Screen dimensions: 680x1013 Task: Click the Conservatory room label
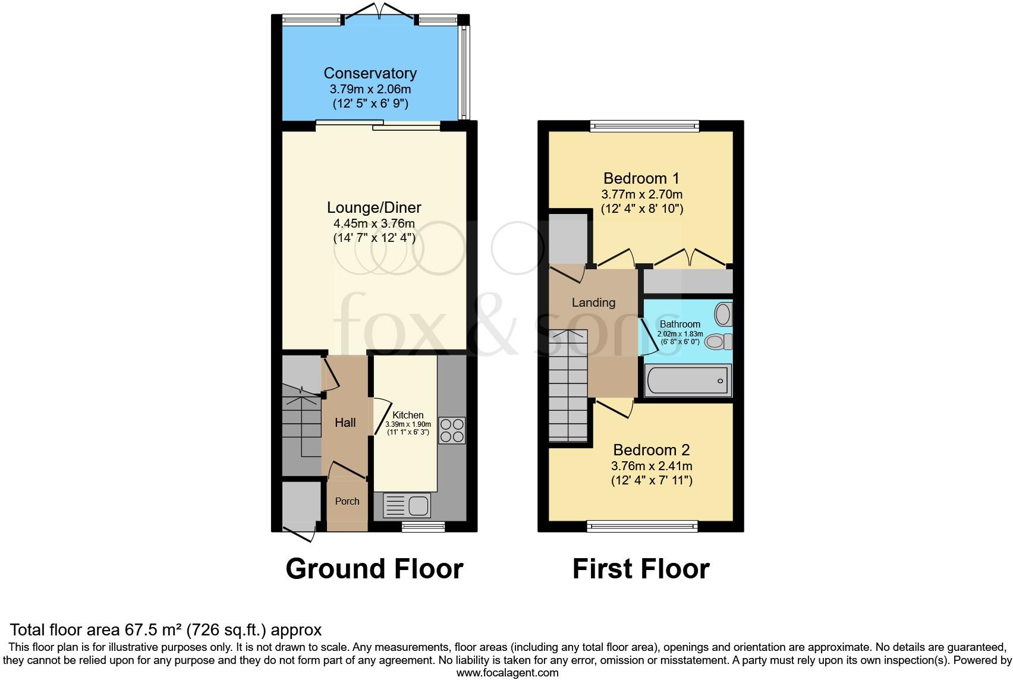pyautogui.click(x=370, y=73)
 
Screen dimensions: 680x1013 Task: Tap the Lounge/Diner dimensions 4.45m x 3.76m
pyautogui.click(x=374, y=223)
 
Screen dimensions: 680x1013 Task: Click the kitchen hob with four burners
pyautogui.click(x=452, y=430)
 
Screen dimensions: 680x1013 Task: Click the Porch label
pyautogui.click(x=347, y=501)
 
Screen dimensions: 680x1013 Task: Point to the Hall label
pyautogui.click(x=345, y=423)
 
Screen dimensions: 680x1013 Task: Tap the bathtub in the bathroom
pyautogui.click(x=688, y=380)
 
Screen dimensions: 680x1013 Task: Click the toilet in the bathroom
pyautogui.click(x=717, y=342)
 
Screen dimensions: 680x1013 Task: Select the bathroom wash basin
pyautogui.click(x=723, y=313)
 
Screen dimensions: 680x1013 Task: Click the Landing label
pyautogui.click(x=593, y=303)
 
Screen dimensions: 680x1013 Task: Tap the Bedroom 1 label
pyautogui.click(x=641, y=178)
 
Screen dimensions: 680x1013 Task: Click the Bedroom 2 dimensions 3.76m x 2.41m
pyautogui.click(x=651, y=467)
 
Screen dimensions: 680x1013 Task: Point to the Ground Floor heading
pyautogui.click(x=374, y=569)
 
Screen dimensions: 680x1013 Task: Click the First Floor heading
pyautogui.click(x=640, y=569)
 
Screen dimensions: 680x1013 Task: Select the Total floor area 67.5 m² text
pyautogui.click(x=166, y=629)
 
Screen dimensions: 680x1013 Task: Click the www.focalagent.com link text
pyautogui.click(x=506, y=673)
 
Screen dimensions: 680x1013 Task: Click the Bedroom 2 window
pyautogui.click(x=641, y=525)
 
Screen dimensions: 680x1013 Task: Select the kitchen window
pyautogui.click(x=423, y=526)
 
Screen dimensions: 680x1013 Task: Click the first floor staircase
pyautogui.click(x=568, y=386)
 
